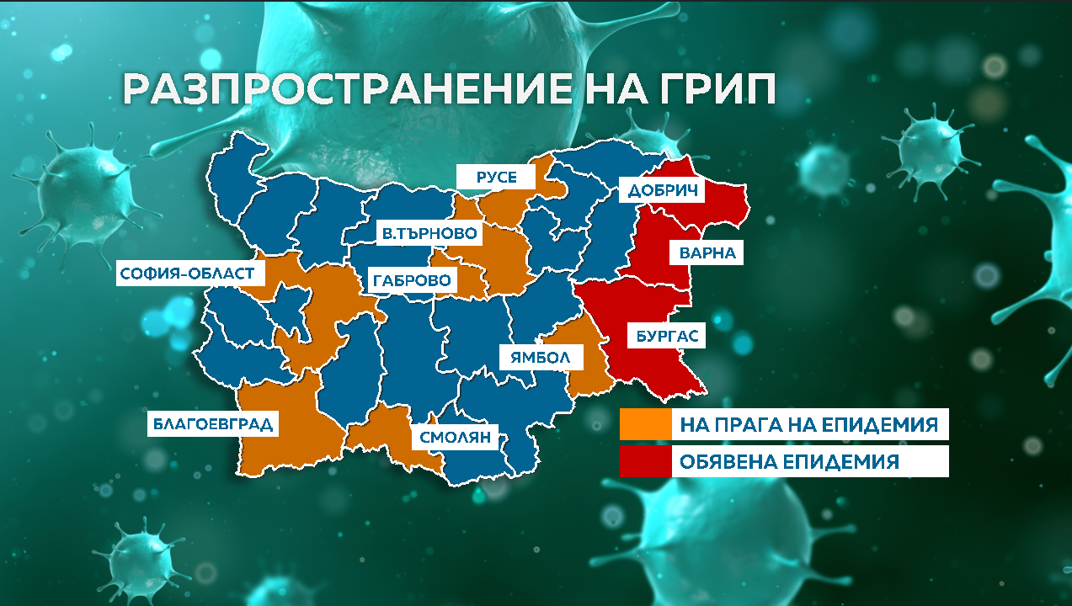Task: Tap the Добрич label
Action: coord(663,190)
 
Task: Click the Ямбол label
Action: coord(540,357)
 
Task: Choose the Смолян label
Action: coord(454,438)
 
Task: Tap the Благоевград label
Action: coord(212,423)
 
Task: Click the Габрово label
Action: coord(410,279)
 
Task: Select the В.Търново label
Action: coord(429,233)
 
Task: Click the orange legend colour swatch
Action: coord(644,424)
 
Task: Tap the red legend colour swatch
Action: coord(644,461)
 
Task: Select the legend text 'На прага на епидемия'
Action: coord(808,424)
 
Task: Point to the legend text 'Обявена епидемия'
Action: coord(790,461)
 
